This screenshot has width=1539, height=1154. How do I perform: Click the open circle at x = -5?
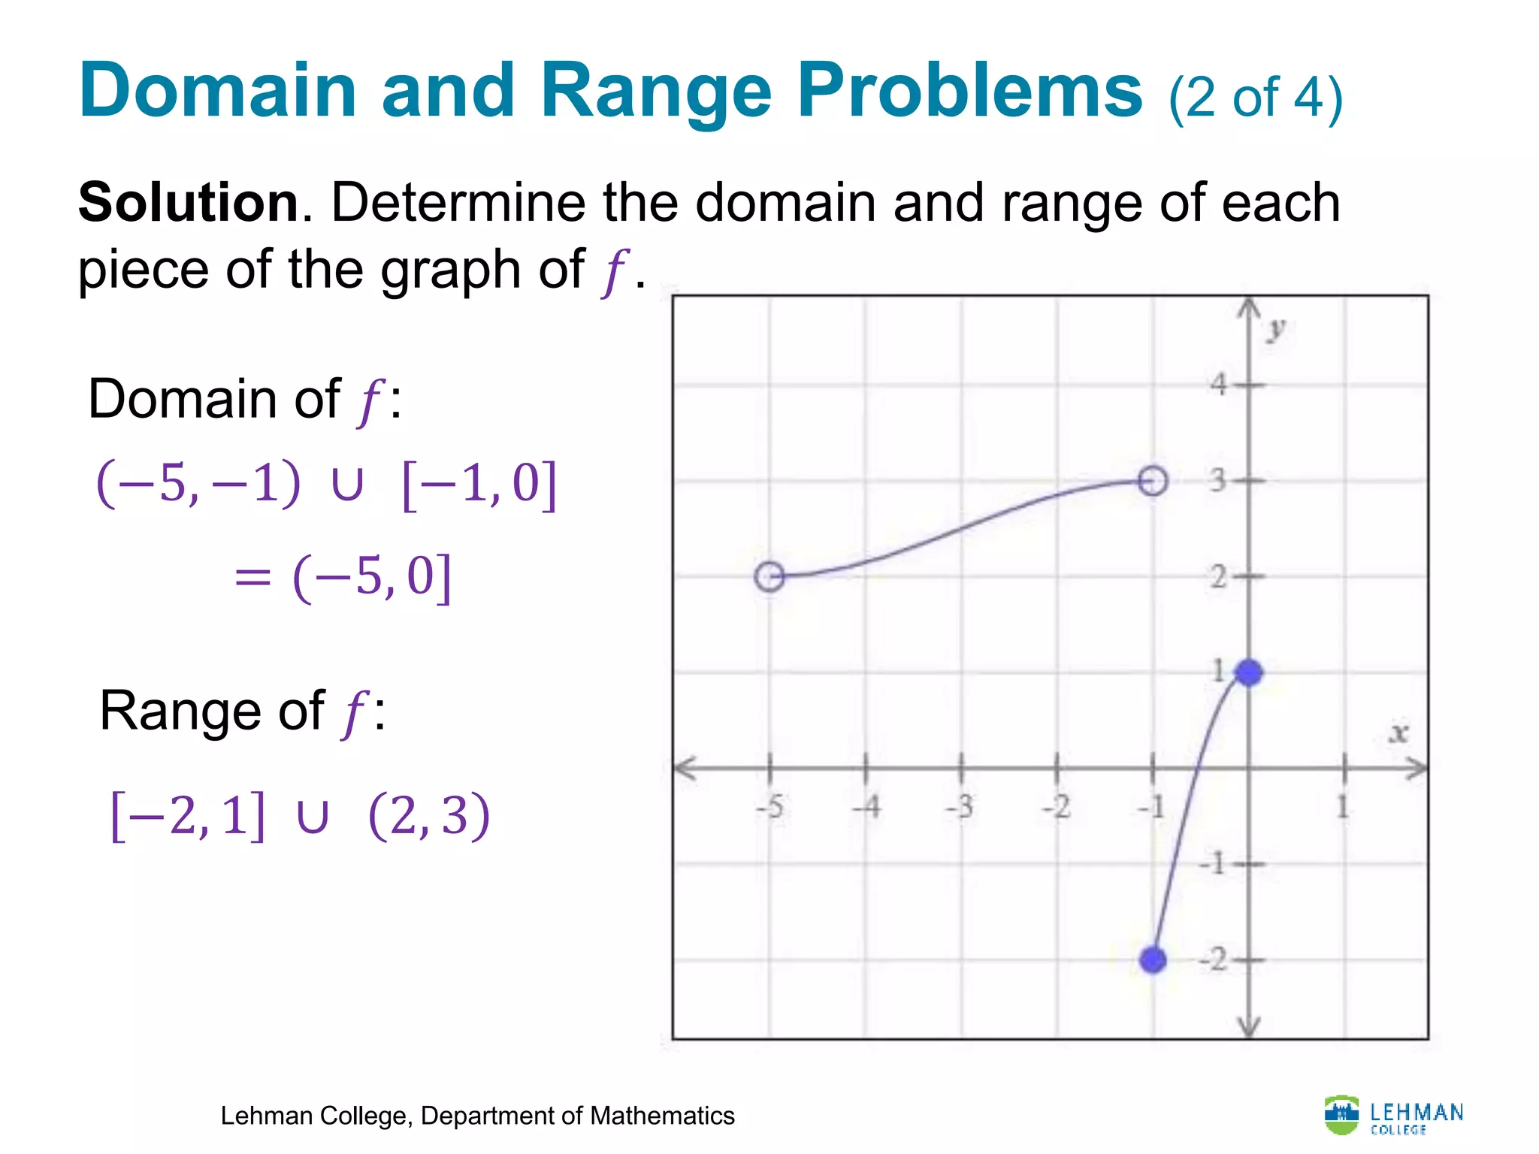click(x=769, y=576)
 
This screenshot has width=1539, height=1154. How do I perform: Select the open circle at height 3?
click(x=1153, y=481)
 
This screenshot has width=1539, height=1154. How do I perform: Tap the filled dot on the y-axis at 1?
click(x=1249, y=672)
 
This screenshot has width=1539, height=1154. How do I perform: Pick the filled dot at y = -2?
click(x=1153, y=959)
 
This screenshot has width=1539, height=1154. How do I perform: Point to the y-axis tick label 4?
click(x=1219, y=385)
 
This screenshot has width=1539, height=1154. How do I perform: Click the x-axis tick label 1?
click(x=1343, y=808)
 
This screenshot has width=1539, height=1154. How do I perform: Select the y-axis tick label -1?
click(x=1213, y=863)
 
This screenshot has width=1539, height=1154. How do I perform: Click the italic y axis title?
click(x=1276, y=329)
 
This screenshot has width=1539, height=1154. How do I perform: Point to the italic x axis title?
click(x=1398, y=733)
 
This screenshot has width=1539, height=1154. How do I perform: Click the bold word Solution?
click(x=189, y=203)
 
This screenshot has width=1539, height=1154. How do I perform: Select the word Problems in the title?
click(x=969, y=92)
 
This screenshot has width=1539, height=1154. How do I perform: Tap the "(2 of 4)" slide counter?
click(x=1255, y=98)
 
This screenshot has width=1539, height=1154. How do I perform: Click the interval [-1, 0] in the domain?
click(x=479, y=485)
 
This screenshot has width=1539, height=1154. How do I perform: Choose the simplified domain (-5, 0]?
click(x=372, y=577)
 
